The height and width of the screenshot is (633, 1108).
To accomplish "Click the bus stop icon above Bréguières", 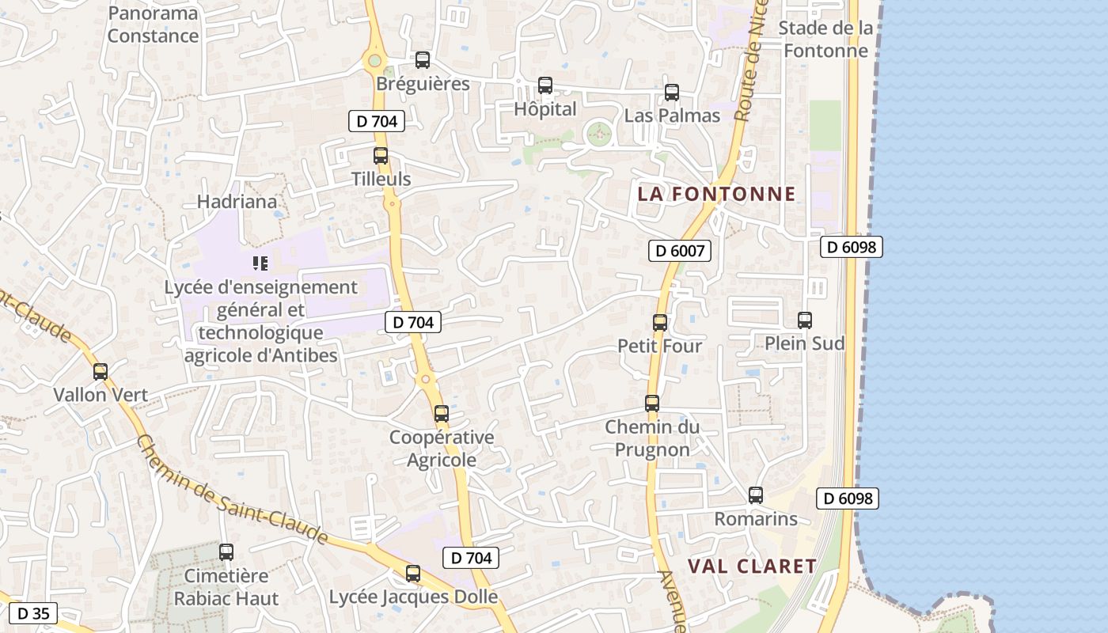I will [x=423, y=60].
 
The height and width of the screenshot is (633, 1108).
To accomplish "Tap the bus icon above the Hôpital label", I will [x=545, y=85].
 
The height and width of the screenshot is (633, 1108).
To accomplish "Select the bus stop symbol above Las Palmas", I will [x=672, y=93].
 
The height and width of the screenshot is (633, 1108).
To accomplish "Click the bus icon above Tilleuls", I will [x=381, y=156].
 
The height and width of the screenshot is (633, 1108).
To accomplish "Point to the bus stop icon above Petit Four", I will [x=660, y=323].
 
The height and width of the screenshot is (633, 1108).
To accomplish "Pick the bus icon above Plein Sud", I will [x=805, y=320].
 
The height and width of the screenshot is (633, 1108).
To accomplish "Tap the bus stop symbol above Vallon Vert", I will [x=101, y=372].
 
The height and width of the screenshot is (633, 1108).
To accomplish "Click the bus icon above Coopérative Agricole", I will [x=442, y=414].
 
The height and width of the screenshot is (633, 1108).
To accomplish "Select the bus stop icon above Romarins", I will [x=756, y=496].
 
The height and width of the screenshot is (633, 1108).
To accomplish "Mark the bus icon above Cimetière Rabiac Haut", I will [x=226, y=552].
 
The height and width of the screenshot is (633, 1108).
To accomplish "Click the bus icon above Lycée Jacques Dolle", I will [x=413, y=574].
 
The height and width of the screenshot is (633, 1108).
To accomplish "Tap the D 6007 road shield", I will [x=680, y=252].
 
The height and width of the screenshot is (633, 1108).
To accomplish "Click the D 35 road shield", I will [x=33, y=613].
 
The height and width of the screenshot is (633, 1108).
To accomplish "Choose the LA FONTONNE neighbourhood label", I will [x=716, y=195].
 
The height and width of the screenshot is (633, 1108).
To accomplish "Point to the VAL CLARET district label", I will [x=752, y=567].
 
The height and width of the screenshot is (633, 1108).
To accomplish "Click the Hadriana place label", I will [x=237, y=202].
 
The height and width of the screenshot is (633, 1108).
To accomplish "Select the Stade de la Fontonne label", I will [x=825, y=40].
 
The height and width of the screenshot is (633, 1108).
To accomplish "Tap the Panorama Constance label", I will [x=153, y=25].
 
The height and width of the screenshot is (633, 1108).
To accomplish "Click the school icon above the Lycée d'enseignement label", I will [x=260, y=263].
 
